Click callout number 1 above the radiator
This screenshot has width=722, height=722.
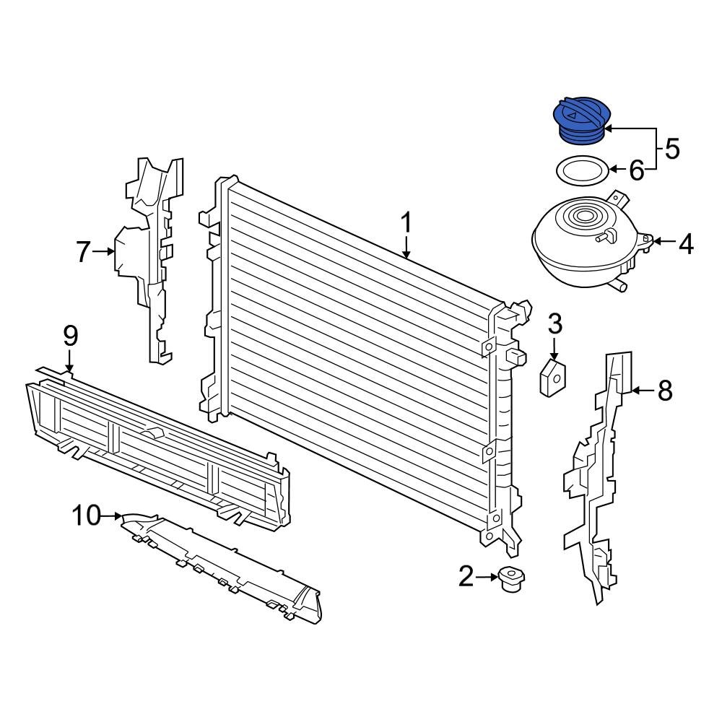(x=406, y=223)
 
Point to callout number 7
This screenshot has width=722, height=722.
(x=84, y=252)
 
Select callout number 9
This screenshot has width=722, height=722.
(x=70, y=336)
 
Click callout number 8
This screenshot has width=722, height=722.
(x=664, y=391)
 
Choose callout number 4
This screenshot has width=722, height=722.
(x=685, y=245)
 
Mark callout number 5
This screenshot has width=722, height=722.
(x=671, y=149)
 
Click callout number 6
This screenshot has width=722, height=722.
(x=636, y=170)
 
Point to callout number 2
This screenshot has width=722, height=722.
(x=466, y=575)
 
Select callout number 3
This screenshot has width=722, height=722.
(x=554, y=324)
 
